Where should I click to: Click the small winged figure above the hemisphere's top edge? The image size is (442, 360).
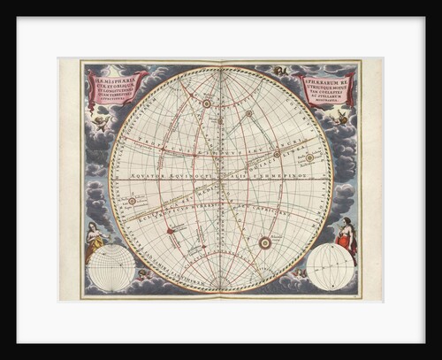281,70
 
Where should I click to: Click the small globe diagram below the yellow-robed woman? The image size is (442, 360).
111,267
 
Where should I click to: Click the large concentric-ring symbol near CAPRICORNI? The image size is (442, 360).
264,241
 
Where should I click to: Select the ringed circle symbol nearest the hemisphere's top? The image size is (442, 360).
206,103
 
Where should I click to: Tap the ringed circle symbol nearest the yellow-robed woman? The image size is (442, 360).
132,200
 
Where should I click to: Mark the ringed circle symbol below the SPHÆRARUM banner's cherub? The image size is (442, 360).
309,157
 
